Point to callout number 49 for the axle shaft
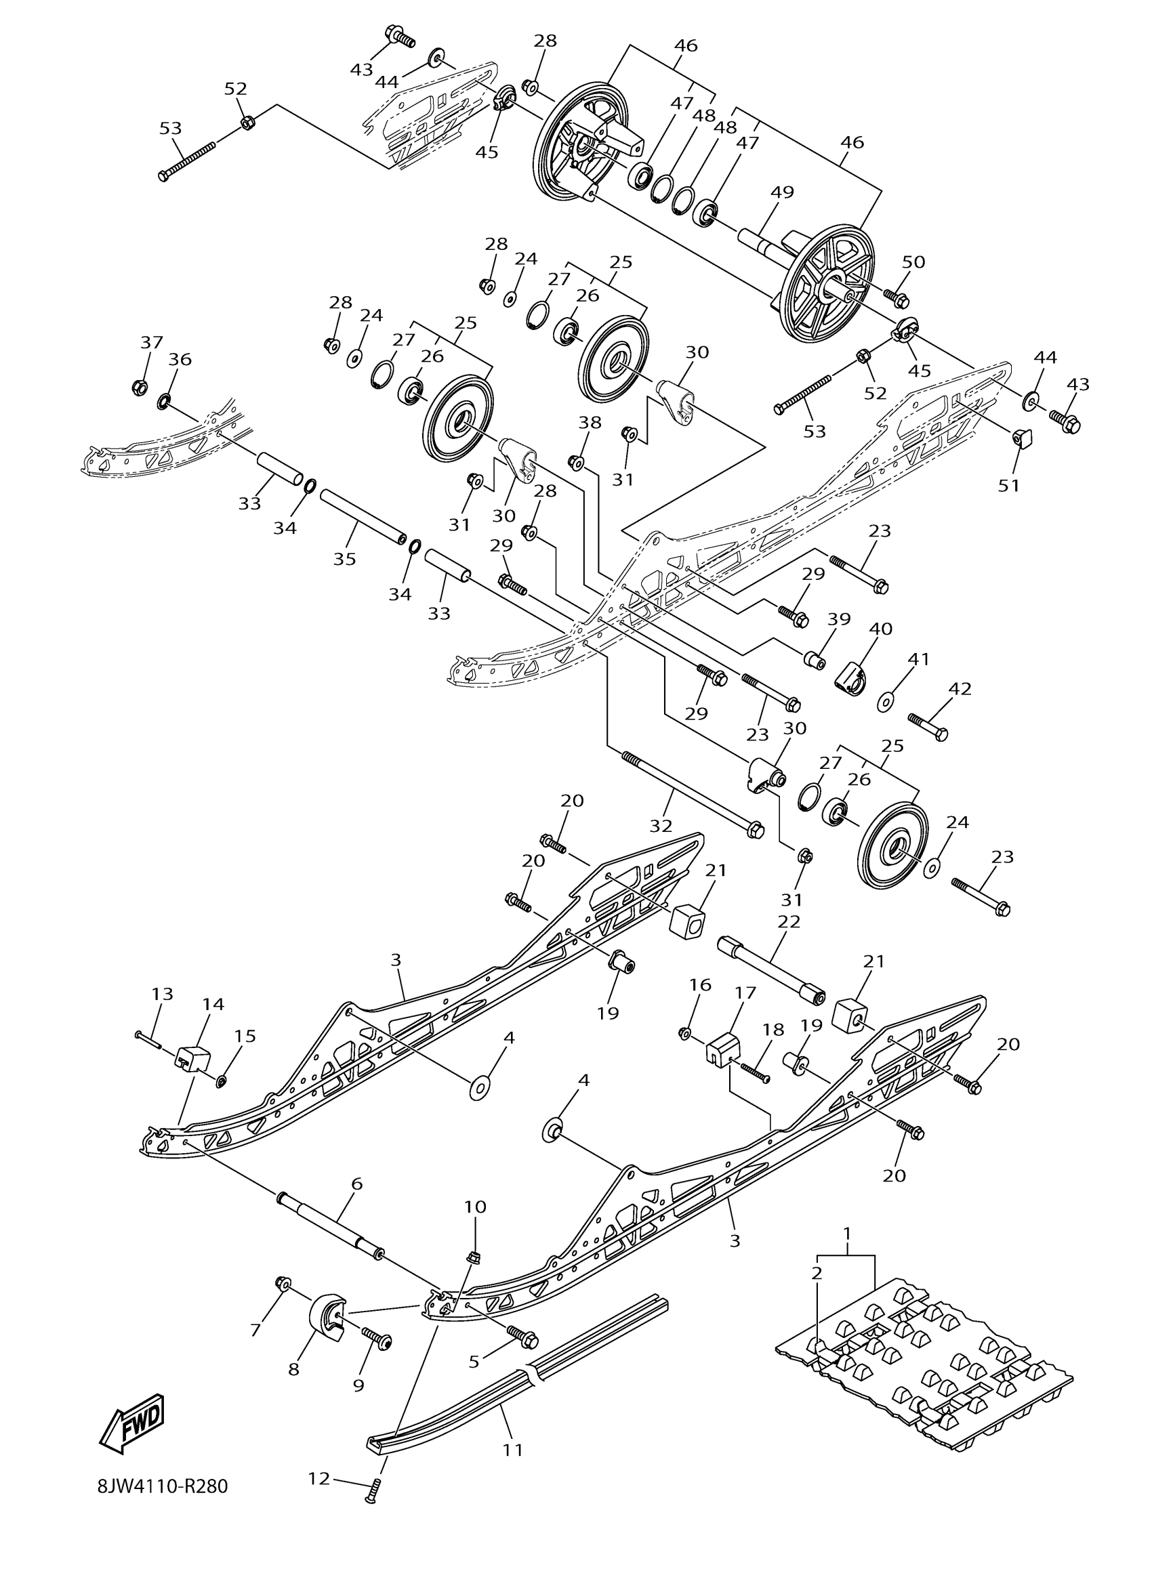782,192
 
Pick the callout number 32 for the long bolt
661,826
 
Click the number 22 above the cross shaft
789,921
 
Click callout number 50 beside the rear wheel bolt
913,262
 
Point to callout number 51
1009,485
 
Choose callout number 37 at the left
151,343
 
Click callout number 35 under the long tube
344,559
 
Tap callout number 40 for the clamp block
881,629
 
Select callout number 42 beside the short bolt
960,688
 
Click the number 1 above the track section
847,1232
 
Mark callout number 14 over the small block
213,1004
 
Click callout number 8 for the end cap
294,1368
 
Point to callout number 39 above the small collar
838,619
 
